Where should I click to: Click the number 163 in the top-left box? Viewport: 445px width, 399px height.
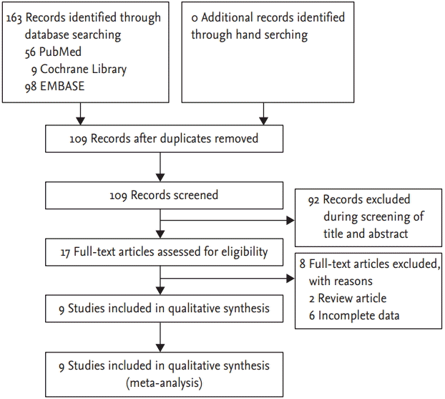tap(14, 17)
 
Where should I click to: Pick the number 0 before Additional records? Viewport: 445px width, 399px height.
tap(195, 17)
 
